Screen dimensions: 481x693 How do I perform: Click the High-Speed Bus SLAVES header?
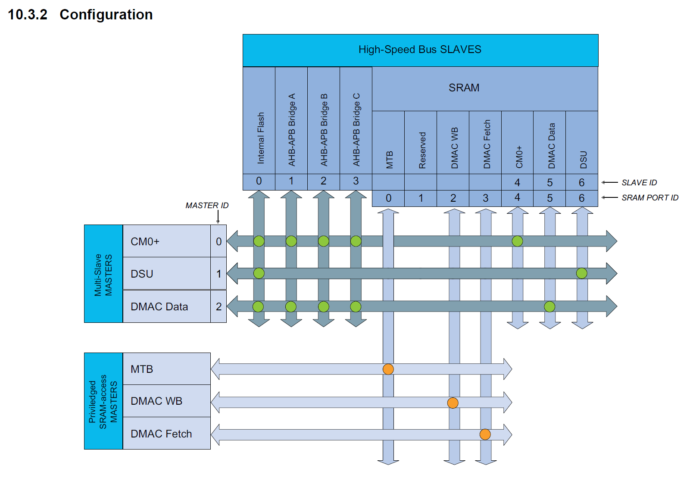click(420, 50)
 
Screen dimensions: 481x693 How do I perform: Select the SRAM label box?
click(464, 88)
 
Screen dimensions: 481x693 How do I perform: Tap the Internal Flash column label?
click(260, 138)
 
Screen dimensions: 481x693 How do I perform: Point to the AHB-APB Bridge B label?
click(324, 130)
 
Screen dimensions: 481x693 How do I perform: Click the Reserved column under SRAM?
click(422, 150)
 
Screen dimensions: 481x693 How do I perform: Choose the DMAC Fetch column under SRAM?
click(487, 144)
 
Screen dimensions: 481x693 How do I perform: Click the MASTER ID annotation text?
click(207, 206)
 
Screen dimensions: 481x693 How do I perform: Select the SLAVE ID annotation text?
click(639, 183)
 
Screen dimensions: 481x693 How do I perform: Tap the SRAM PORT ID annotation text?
click(649, 198)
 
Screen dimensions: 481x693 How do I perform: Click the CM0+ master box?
click(166, 241)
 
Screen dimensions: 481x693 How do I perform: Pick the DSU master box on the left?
click(166, 274)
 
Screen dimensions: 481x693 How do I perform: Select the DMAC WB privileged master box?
click(166, 401)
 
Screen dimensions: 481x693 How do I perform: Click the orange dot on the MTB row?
click(388, 369)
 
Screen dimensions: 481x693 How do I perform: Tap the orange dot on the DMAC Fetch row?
click(485, 434)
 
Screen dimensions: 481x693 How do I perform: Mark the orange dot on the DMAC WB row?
click(453, 403)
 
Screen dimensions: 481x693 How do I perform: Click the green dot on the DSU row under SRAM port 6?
click(582, 273)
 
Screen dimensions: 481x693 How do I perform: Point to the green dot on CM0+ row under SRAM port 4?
click(518, 241)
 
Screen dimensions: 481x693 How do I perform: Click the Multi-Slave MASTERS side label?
click(103, 274)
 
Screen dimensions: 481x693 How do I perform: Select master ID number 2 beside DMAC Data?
click(219, 306)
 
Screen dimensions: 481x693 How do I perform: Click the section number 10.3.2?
click(28, 15)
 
